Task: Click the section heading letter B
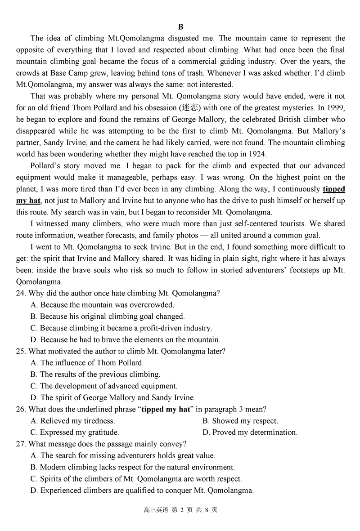[180, 27]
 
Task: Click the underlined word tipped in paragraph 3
[334, 189]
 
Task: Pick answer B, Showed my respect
[240, 421]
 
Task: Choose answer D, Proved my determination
[250, 433]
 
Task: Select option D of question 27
[142, 491]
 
